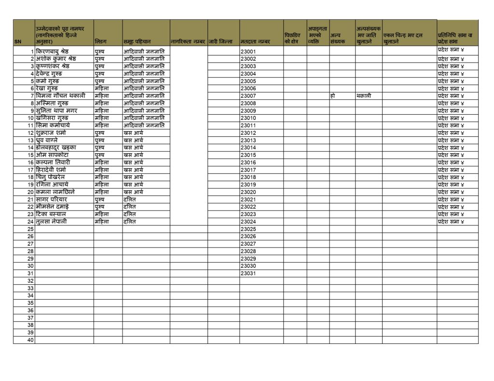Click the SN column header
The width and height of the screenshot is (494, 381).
[x=18, y=42]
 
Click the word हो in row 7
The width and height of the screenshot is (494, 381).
[x=333, y=96]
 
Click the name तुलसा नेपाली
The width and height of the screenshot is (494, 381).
[x=51, y=222]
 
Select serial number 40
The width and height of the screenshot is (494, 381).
[x=30, y=340]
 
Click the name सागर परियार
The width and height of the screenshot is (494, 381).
[x=51, y=199]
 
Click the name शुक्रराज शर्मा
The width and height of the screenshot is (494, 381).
[x=51, y=133]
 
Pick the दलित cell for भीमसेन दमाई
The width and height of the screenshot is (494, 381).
[x=130, y=207]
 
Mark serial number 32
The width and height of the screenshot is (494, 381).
[x=30, y=281]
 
